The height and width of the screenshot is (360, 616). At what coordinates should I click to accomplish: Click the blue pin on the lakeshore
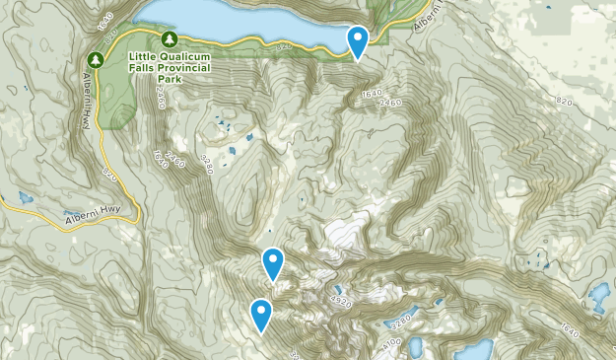358,42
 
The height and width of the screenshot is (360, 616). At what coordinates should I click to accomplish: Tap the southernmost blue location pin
261,316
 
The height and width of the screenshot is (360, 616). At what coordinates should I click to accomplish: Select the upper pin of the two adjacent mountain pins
273,263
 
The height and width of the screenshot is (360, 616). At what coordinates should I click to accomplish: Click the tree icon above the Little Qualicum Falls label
170,38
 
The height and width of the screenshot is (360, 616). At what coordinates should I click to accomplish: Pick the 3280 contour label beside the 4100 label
401,322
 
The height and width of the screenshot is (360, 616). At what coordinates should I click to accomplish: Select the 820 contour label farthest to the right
563,102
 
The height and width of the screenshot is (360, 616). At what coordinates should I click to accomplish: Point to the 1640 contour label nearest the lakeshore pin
371,94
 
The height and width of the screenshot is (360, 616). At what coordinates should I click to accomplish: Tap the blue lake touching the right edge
599,295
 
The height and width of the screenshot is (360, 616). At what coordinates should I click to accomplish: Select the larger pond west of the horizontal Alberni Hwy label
22,197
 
